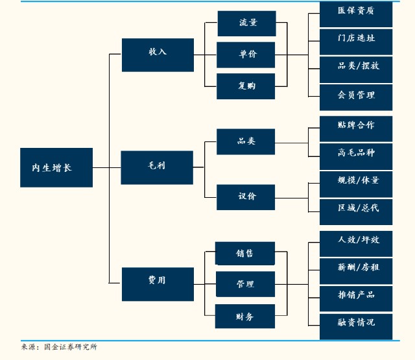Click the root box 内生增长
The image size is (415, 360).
[56, 167]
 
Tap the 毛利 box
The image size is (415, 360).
[157, 167]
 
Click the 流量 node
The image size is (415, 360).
[246, 23]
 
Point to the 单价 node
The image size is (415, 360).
[246, 54]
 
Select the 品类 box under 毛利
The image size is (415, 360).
[246, 141]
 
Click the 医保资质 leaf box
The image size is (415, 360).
[356, 12]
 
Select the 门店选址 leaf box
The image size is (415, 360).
[356, 39]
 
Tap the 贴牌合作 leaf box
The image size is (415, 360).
[356, 125]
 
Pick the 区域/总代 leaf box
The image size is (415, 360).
[356, 209]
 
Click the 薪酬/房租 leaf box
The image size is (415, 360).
[356, 268]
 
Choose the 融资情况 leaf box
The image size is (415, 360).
[356, 323]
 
